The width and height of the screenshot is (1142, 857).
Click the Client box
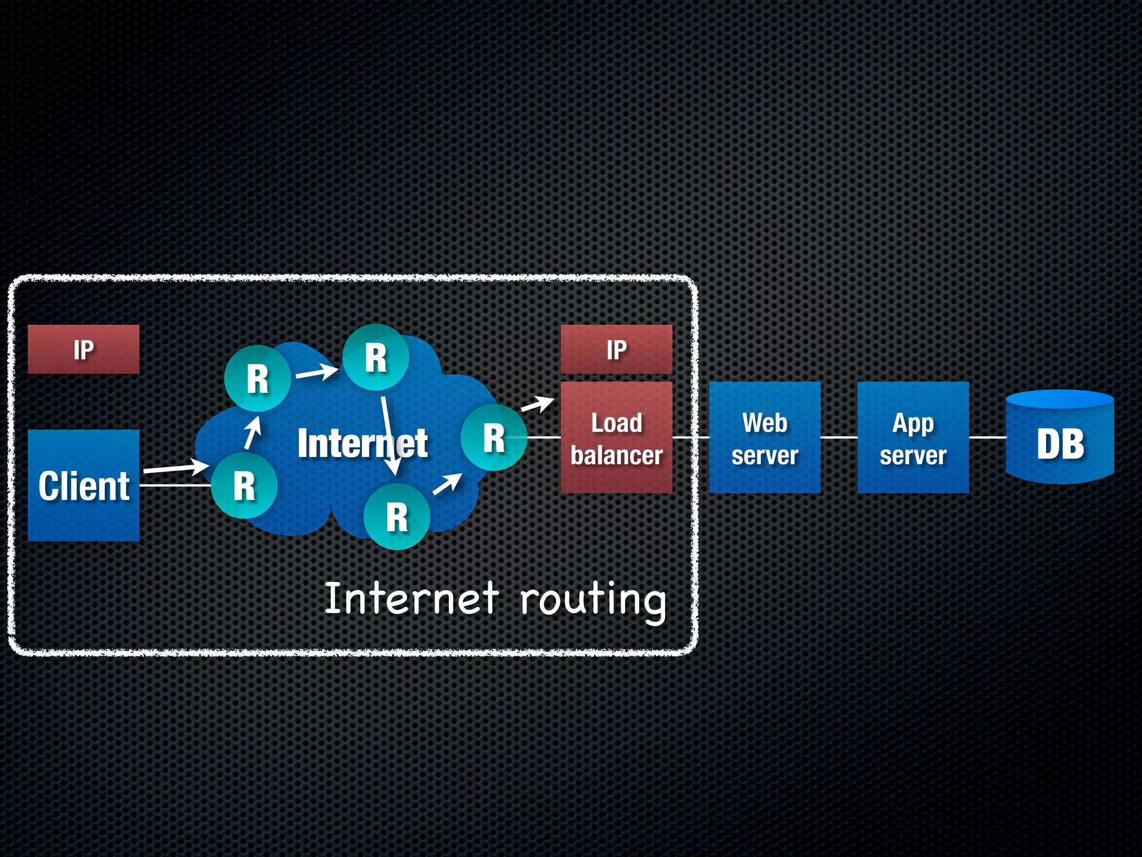pos(84,485)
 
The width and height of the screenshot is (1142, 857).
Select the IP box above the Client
pos(84,349)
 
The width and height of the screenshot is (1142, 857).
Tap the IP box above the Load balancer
pos(616,349)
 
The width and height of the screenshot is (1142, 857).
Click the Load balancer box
pos(616,438)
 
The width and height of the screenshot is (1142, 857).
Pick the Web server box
pos(764,438)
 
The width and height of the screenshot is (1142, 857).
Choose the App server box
pos(913,438)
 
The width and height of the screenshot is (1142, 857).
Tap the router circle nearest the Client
pos(244,485)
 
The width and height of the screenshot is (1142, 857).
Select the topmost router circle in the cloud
pos(375,357)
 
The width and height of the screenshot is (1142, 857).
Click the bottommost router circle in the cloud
pos(396,517)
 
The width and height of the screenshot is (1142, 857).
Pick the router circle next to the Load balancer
pos(493,437)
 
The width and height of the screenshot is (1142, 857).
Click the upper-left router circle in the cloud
pos(257,379)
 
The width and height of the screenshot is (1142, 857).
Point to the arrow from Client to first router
pos(176,468)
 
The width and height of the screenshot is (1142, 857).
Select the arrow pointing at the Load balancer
pos(537,405)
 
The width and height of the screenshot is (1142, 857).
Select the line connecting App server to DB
pos(988,437)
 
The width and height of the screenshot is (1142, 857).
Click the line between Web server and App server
pos(839,437)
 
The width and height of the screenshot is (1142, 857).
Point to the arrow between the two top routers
pos(317,372)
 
